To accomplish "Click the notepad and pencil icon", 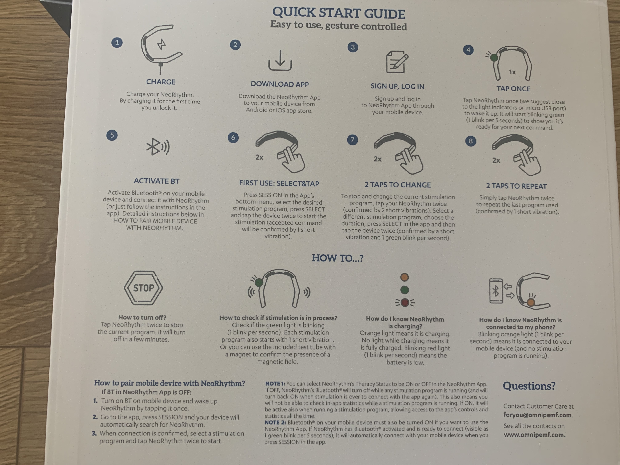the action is (397, 62).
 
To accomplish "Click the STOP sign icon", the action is (143, 288).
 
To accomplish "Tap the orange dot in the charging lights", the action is (404, 277).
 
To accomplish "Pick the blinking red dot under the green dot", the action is (405, 302).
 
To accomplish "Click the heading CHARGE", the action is (161, 82).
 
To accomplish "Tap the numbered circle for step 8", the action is (471, 141).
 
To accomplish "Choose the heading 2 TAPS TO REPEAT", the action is (516, 186).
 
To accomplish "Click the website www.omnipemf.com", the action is (535, 435).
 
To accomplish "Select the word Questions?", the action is (529, 386).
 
